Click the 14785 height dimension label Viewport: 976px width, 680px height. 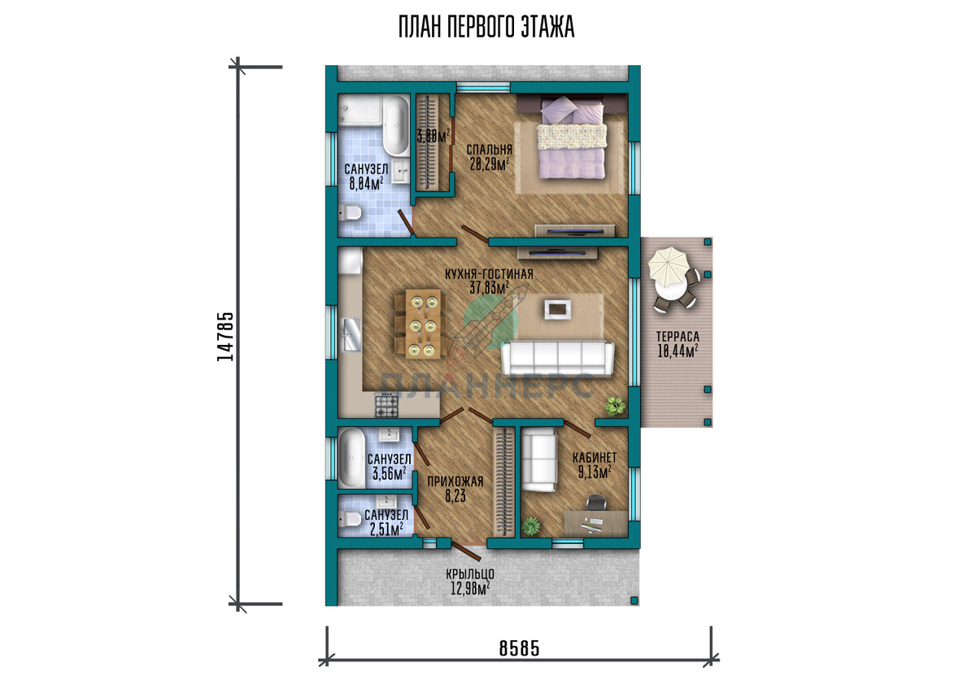click(225, 337)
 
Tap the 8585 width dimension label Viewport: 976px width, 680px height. click(520, 648)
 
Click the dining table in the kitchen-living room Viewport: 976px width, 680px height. click(423, 324)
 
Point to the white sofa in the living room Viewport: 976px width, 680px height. click(558, 358)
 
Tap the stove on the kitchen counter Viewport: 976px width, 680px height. click(387, 405)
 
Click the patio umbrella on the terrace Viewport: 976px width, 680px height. click(668, 264)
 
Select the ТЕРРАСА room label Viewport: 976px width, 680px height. click(678, 337)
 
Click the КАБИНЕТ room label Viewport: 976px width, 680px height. click(595, 457)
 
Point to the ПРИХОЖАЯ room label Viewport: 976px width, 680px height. click(455, 482)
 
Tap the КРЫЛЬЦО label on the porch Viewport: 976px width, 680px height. click(470, 574)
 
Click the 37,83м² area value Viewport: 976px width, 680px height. click(490, 287)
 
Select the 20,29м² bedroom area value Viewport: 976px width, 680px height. click(490, 163)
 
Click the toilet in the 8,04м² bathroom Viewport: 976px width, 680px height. click(350, 212)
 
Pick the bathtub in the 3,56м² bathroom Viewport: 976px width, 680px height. click(352, 459)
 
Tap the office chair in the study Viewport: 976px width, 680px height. click(596, 503)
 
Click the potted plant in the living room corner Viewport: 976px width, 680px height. click(615, 405)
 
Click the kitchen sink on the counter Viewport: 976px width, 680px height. click(352, 334)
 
